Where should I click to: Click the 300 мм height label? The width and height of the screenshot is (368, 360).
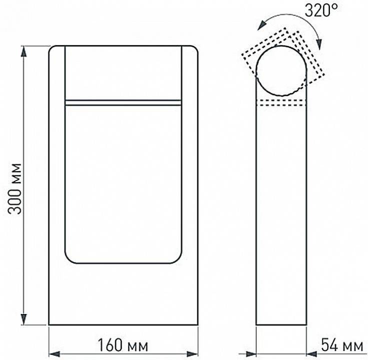click(16, 188)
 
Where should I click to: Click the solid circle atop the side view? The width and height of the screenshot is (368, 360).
click(281, 71)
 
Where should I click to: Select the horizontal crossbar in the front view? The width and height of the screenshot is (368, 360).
click(123, 102)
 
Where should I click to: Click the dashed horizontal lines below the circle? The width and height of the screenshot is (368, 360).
click(281, 103)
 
